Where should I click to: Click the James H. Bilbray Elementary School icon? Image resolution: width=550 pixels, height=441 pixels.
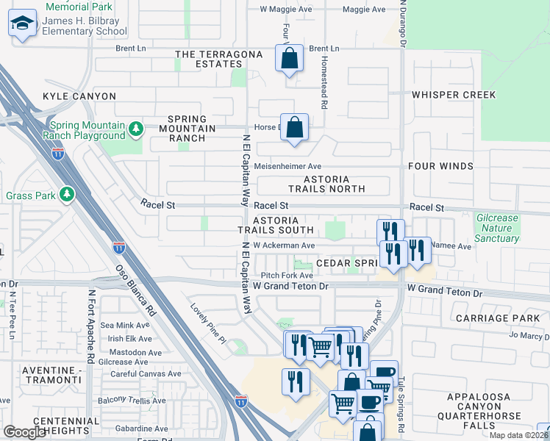click(x=23, y=25)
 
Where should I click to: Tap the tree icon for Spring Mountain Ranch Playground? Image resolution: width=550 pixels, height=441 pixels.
click(x=135, y=130)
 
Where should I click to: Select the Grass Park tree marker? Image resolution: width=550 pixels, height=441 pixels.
click(x=67, y=195)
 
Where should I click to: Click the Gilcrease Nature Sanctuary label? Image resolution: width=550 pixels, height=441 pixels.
click(x=497, y=228)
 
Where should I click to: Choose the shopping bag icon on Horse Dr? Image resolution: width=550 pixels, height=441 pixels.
click(x=294, y=127)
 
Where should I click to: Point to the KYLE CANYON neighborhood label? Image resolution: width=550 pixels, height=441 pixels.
click(x=79, y=96)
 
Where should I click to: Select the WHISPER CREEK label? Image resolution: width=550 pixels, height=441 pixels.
click(x=454, y=95)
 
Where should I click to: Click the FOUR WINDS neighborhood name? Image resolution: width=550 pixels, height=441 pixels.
click(x=461, y=166)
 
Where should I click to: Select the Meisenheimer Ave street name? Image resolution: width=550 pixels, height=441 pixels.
click(x=287, y=166)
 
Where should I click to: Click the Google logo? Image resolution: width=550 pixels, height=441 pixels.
click(x=25, y=431)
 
